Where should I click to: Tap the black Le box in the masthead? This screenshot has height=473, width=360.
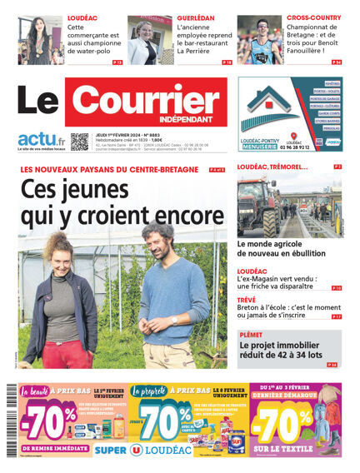[x=39, y=104]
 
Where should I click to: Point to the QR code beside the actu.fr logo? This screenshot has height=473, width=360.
[x=79, y=142]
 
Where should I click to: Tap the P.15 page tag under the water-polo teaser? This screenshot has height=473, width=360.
[x=117, y=62]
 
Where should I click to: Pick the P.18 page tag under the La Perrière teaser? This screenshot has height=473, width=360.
[x=226, y=62]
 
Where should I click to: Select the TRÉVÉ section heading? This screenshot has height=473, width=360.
[x=246, y=299]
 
